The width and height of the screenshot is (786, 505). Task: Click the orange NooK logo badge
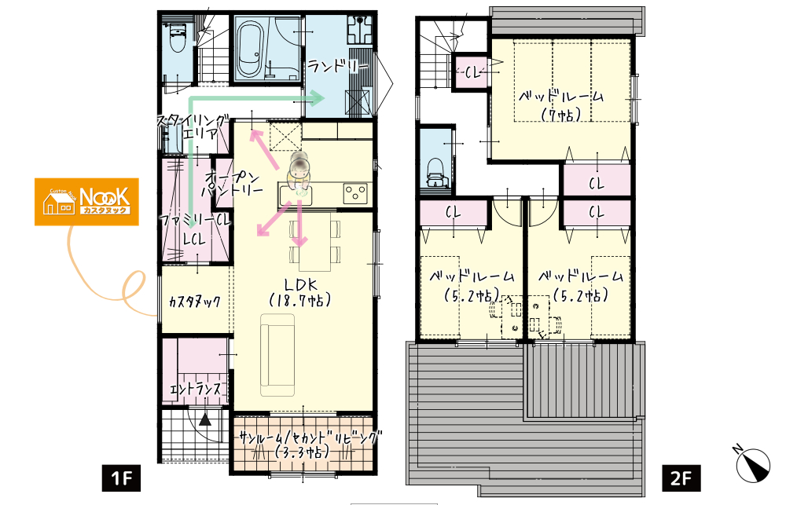(86, 202)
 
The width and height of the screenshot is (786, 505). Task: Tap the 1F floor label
(121, 478)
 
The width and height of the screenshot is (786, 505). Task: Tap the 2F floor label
(681, 478)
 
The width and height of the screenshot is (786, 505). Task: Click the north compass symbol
(752, 464)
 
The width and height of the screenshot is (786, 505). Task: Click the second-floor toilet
(436, 173)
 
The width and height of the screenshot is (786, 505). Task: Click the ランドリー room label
(338, 66)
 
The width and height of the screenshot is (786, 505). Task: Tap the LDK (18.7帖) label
(300, 293)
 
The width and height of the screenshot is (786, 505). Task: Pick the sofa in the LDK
(277, 355)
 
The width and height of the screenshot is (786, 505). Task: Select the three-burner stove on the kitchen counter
(355, 193)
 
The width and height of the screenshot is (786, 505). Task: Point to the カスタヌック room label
(194, 301)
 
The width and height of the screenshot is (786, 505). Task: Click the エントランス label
(196, 388)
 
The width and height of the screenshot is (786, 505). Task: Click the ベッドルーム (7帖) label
(561, 106)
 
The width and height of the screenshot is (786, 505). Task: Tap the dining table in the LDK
(315, 241)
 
